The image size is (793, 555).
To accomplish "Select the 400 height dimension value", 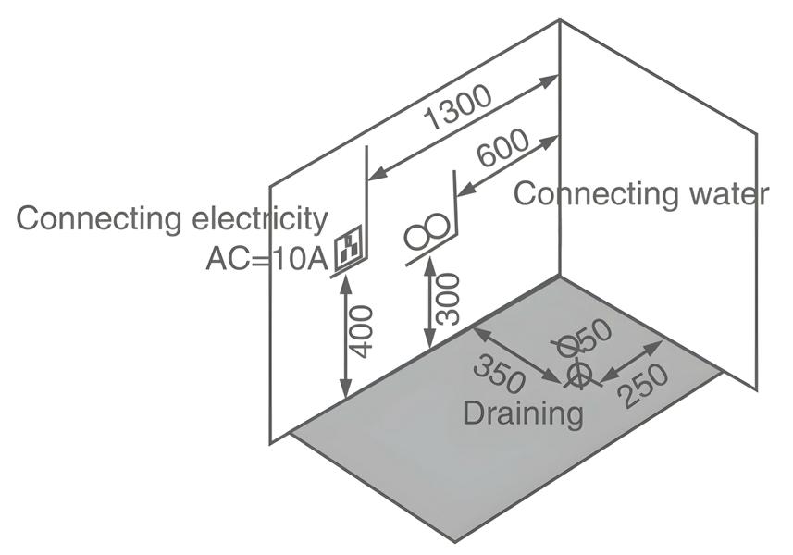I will [x=363, y=330].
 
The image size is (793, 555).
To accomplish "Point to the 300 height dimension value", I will [x=448, y=298].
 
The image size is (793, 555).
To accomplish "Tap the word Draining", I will [x=523, y=413].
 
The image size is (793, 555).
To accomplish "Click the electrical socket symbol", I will [x=350, y=248].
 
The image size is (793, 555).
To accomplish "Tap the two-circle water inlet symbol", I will [x=429, y=232].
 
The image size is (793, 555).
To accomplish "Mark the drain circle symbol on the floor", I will [x=578, y=373].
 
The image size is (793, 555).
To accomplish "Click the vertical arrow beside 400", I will [x=345, y=337].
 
